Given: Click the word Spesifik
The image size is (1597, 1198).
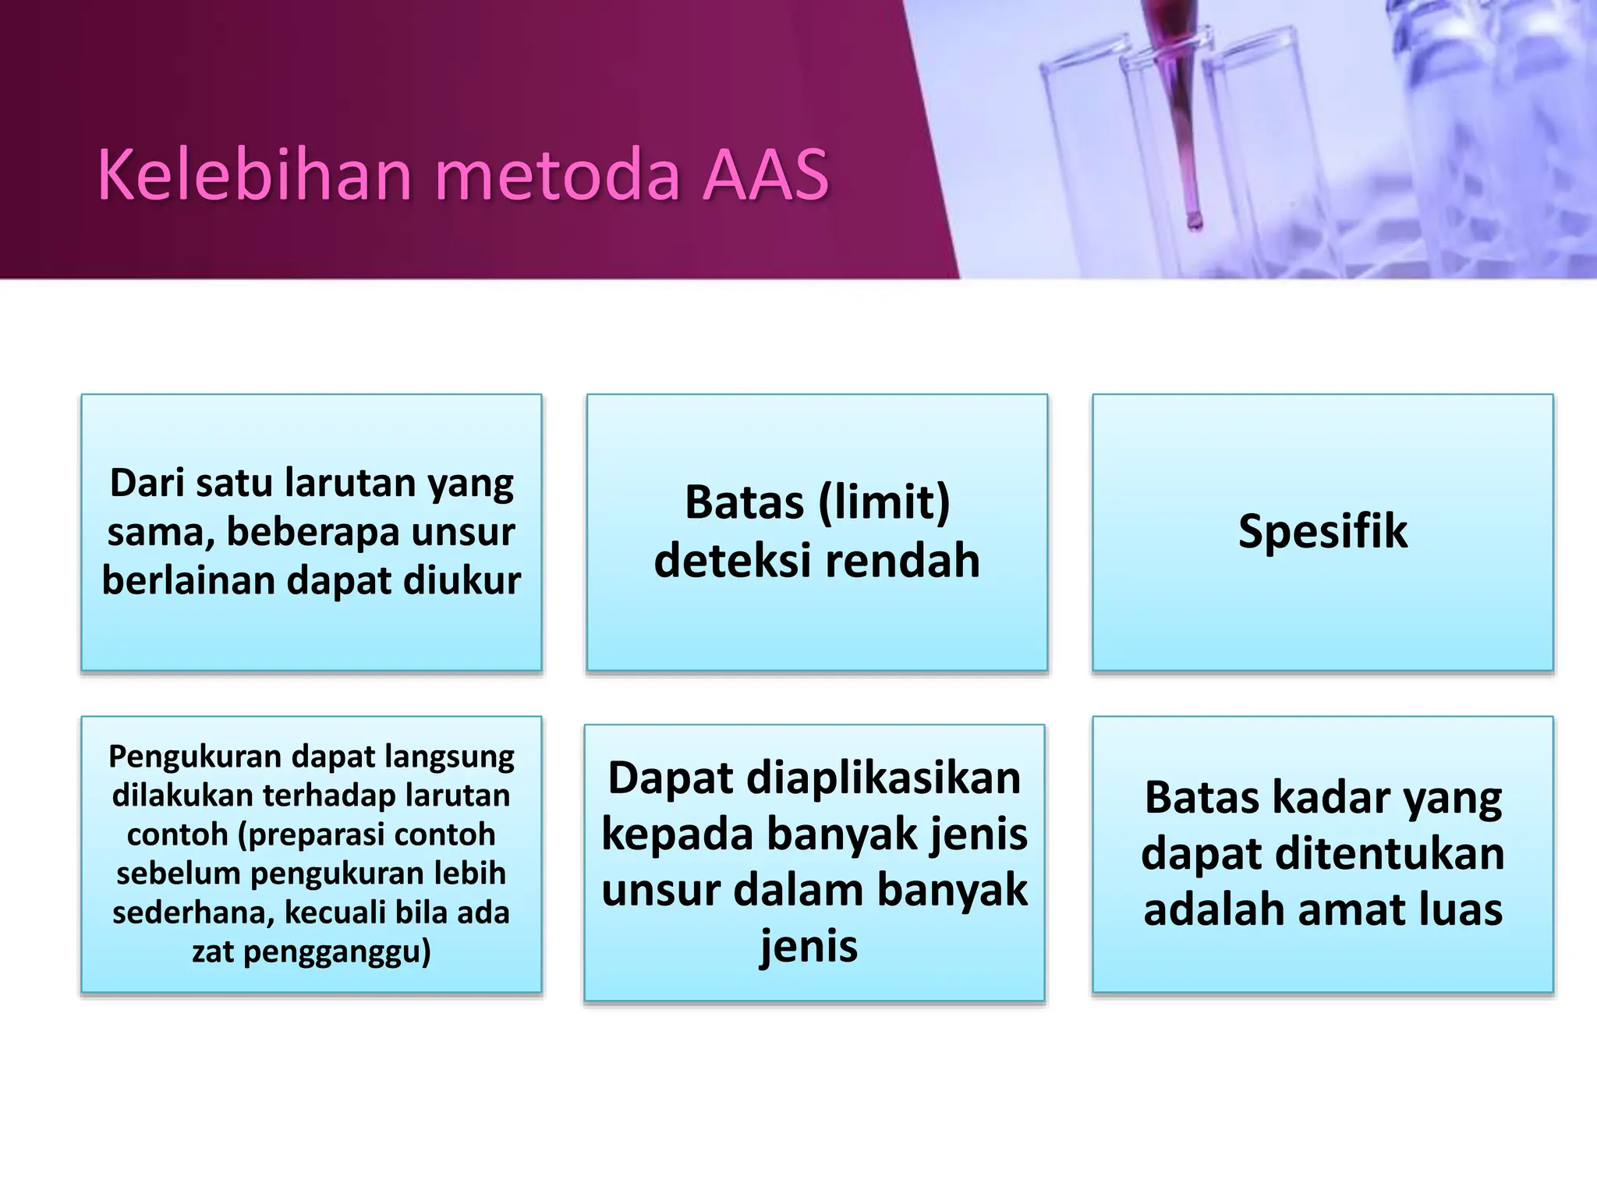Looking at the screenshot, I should (x=1323, y=532).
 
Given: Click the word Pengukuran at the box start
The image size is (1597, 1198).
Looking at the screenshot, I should (x=195, y=757).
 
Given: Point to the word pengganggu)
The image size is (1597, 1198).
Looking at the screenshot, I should (x=338, y=952).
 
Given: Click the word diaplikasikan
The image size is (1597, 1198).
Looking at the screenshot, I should (x=883, y=778).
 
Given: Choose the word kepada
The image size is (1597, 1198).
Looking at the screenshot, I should (x=678, y=834).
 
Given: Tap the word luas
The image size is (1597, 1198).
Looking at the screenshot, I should (x=1462, y=909).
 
